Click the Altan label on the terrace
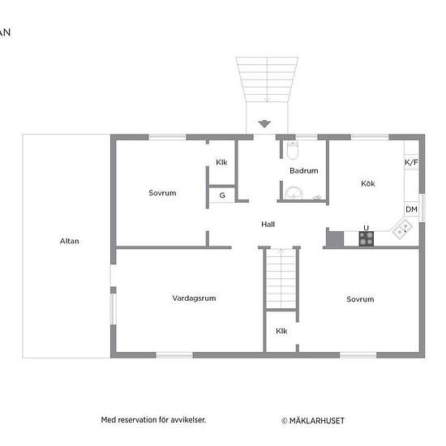[x=70, y=241]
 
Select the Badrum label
[x=303, y=171]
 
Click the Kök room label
[x=368, y=183]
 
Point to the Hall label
[x=268, y=224]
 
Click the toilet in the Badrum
[x=293, y=149]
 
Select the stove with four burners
[x=367, y=238]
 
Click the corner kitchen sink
[x=401, y=230]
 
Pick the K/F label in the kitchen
[x=411, y=162]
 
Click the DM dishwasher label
[x=411, y=209]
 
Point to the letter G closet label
[x=221, y=195]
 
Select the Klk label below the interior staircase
[x=281, y=331]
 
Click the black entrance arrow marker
[x=264, y=124]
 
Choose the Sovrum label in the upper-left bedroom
[x=162, y=193]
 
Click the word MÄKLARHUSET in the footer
[x=316, y=421]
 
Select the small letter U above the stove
[x=367, y=227]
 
